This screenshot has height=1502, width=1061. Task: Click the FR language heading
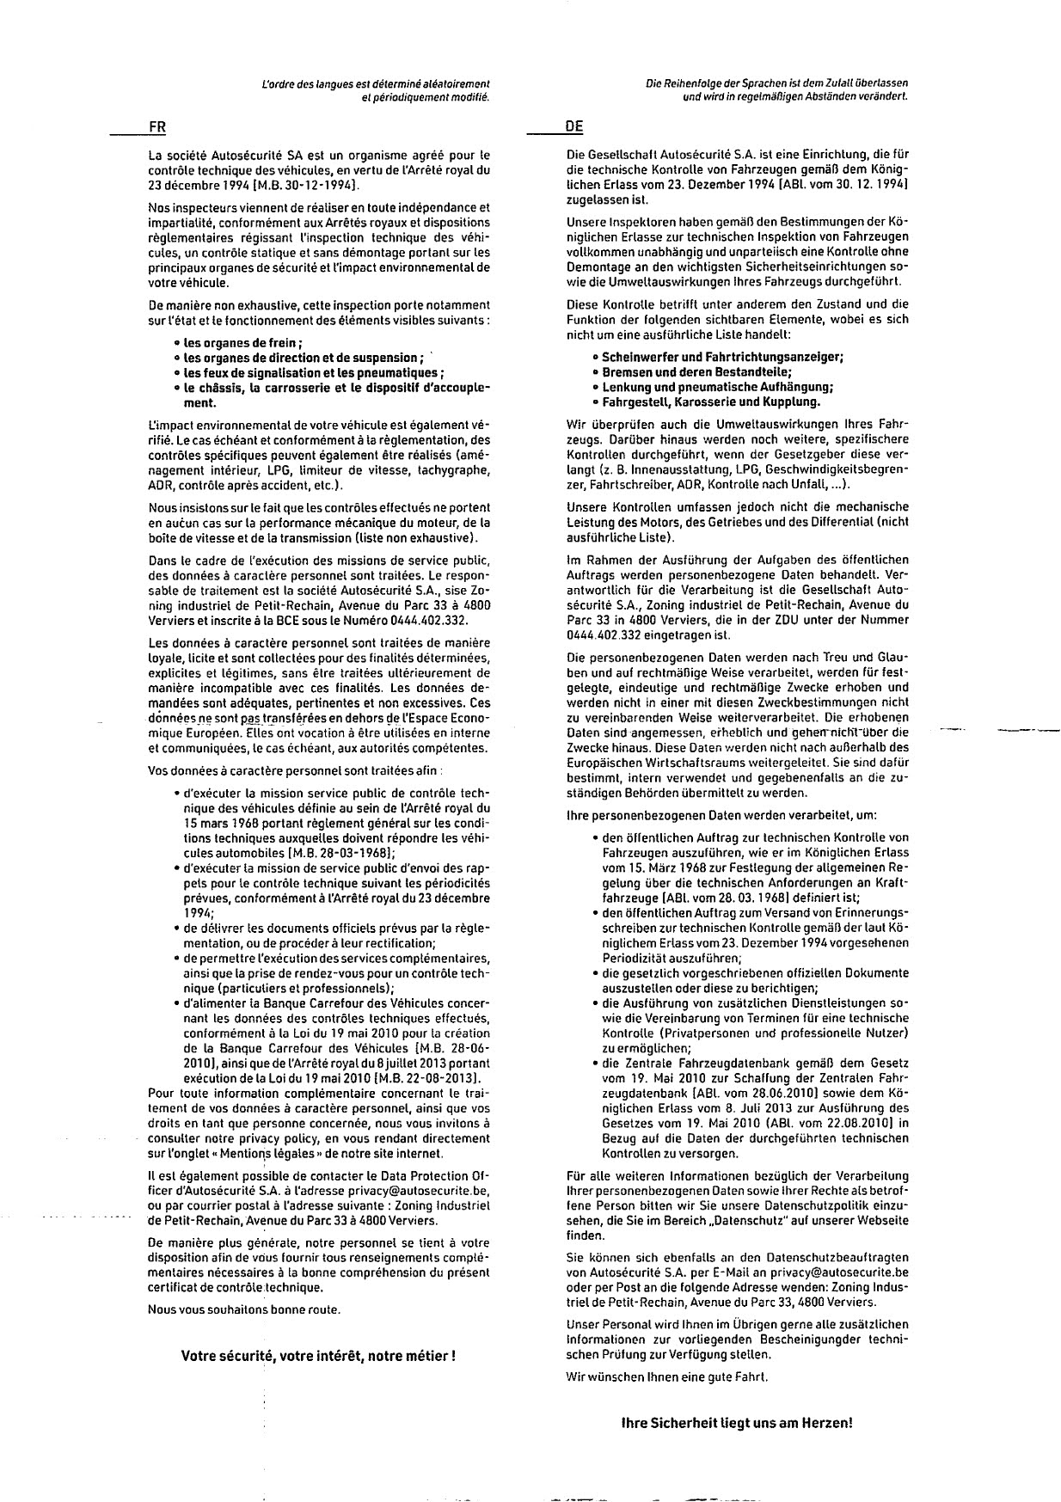(156, 126)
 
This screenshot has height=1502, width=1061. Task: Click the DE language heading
(574, 126)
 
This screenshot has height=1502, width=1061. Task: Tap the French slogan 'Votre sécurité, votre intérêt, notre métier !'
(317, 1356)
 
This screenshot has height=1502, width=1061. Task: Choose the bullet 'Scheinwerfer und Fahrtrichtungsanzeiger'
(722, 357)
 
